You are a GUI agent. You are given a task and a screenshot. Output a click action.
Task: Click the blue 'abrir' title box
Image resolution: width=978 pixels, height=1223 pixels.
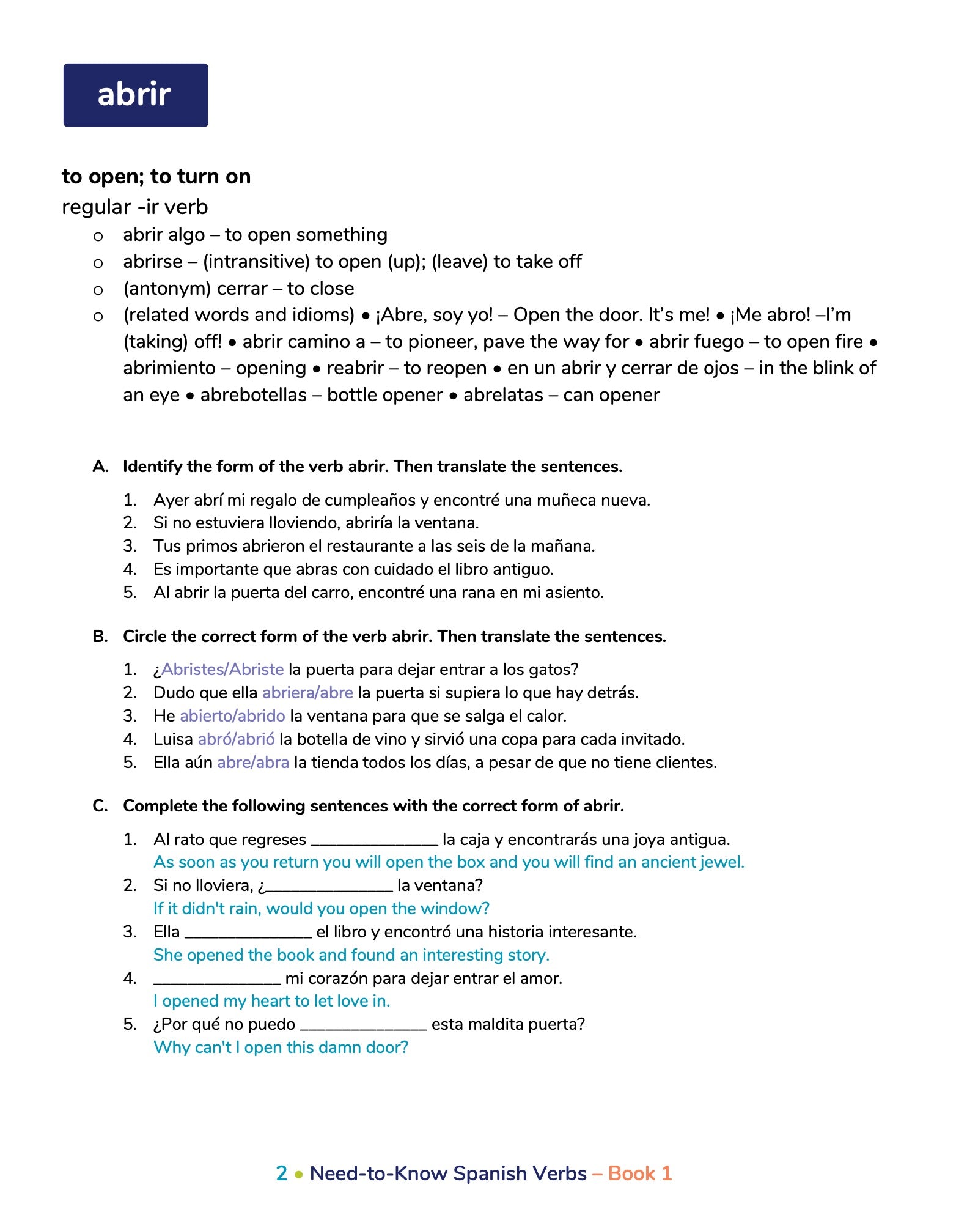(x=136, y=95)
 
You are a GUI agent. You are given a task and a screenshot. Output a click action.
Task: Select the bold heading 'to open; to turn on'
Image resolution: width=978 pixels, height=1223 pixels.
(x=156, y=177)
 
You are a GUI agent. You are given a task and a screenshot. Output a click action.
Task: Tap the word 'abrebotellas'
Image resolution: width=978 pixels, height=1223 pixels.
(x=254, y=395)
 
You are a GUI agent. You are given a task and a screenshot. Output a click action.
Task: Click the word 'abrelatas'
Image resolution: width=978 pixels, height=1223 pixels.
(x=503, y=395)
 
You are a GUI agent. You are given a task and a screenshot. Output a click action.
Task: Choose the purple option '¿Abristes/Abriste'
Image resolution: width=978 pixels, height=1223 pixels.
(x=219, y=670)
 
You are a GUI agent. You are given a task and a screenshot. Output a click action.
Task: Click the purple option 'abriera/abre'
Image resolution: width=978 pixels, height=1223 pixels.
(x=307, y=693)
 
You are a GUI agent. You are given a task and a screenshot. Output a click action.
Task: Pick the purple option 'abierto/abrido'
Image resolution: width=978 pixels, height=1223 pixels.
(x=232, y=716)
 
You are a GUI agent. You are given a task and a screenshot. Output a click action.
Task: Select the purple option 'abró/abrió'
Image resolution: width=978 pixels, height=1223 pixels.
(x=236, y=739)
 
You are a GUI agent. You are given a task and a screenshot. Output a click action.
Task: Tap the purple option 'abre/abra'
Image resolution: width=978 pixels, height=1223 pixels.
(x=253, y=763)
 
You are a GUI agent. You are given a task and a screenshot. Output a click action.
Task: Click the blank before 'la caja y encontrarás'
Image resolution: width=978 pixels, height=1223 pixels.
(x=374, y=840)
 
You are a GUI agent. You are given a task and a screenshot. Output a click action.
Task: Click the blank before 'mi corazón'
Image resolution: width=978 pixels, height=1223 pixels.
(x=217, y=979)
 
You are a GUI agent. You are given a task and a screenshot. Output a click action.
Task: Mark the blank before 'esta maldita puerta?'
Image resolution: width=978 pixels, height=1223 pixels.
(x=363, y=1025)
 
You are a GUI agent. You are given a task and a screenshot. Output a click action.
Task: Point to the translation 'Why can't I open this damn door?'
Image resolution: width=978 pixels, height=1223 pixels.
(x=281, y=1047)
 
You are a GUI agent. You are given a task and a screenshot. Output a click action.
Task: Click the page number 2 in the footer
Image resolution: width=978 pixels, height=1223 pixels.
(x=281, y=1173)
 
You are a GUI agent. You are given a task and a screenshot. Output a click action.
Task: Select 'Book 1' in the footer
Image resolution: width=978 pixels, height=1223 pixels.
(x=640, y=1173)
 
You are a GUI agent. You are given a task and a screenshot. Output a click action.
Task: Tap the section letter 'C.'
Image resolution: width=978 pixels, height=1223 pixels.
(x=100, y=806)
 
